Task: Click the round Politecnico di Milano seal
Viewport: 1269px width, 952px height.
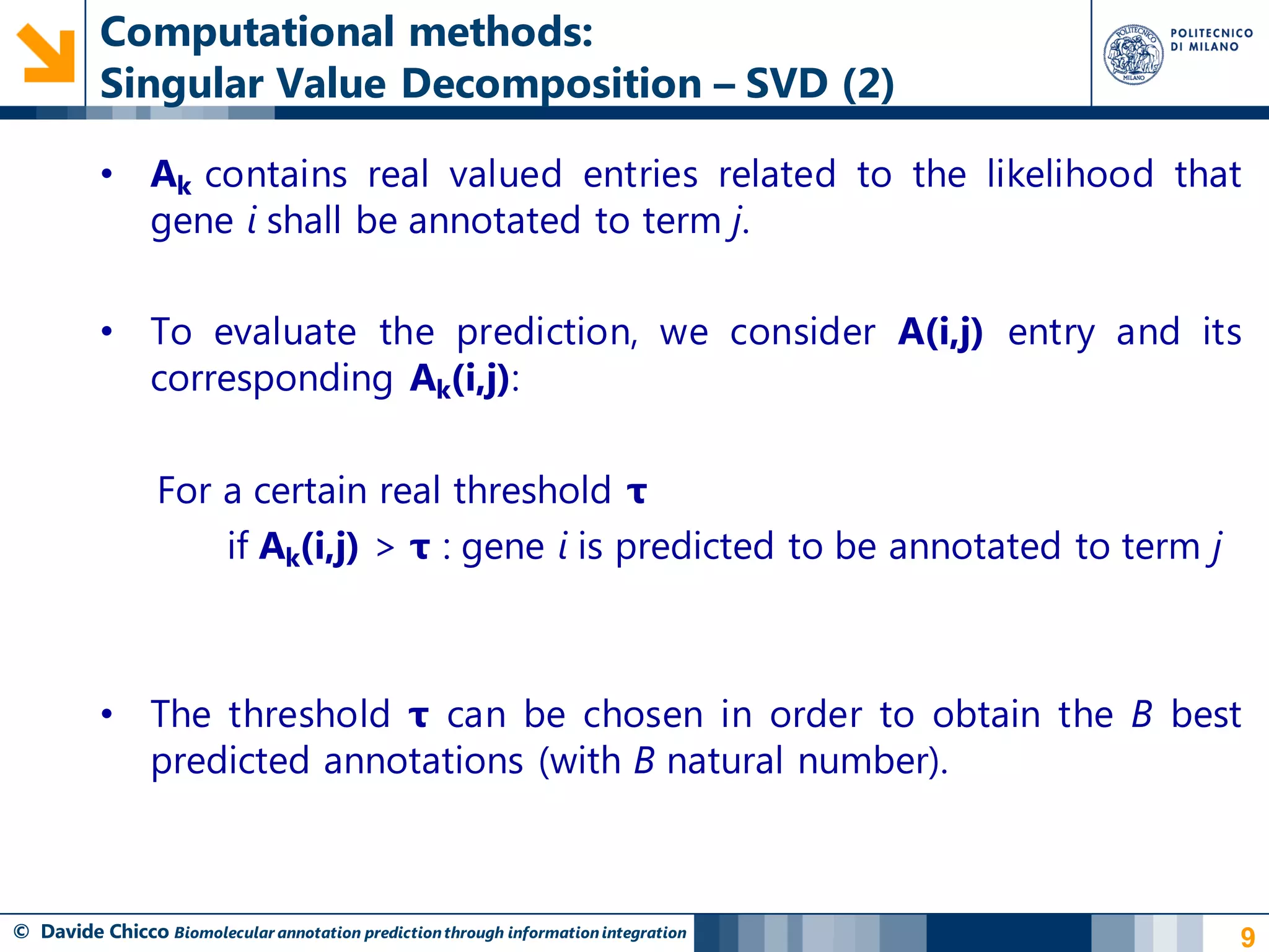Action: coord(1133,55)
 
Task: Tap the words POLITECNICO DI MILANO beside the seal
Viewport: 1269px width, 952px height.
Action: coord(1211,40)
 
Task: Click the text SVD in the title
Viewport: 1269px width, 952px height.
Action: coord(786,84)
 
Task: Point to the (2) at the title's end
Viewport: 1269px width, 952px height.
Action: coord(868,84)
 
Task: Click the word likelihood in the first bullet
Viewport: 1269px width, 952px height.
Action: coord(1070,174)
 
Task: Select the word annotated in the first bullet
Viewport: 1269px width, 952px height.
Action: coord(494,221)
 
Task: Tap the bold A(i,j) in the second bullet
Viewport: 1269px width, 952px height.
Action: coord(940,332)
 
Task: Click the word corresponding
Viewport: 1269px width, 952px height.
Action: coord(271,379)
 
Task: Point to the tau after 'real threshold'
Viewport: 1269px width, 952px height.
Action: coord(636,491)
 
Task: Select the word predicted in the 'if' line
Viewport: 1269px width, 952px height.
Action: coord(695,547)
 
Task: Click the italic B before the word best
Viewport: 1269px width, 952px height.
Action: coord(1141,715)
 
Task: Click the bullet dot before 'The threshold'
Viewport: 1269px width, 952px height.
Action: coord(107,714)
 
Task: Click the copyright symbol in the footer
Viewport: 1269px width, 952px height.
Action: coord(21,932)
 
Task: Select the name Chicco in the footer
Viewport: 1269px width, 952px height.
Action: coord(139,932)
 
